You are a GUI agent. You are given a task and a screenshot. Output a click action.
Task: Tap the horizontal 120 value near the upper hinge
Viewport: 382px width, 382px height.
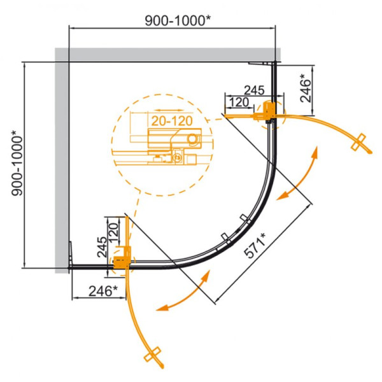238,102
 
